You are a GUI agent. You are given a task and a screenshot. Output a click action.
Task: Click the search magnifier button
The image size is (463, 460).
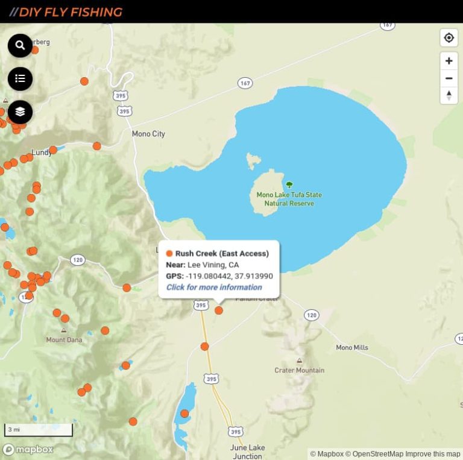point(20,45)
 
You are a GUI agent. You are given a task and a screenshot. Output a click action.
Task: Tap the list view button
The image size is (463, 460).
point(20,78)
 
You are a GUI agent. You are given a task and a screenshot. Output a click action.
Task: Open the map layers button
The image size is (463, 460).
point(20,112)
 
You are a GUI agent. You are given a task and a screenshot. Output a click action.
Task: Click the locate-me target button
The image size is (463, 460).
point(449,38)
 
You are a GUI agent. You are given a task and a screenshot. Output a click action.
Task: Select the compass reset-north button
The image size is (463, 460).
point(449,95)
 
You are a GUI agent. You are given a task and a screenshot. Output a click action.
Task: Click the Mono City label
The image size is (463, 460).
point(148,134)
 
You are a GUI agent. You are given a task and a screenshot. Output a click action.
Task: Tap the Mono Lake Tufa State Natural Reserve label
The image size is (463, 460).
point(289,199)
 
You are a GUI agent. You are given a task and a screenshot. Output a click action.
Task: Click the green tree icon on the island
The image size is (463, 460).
point(289,184)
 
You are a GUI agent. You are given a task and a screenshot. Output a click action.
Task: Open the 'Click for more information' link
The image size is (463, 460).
point(214,287)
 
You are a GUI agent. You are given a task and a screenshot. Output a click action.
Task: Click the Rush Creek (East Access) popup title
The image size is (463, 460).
point(221,253)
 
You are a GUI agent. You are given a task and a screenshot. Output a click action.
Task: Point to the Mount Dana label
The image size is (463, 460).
point(64,340)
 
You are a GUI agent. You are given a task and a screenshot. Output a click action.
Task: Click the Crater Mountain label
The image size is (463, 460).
point(299,370)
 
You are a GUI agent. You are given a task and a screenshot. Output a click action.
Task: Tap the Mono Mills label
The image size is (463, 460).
point(351,347)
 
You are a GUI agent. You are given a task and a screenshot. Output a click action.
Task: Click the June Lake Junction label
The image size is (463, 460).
point(247,452)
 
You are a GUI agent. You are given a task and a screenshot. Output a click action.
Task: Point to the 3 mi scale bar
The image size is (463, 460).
point(39,430)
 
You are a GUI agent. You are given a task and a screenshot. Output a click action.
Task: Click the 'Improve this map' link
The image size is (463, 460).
point(432,454)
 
